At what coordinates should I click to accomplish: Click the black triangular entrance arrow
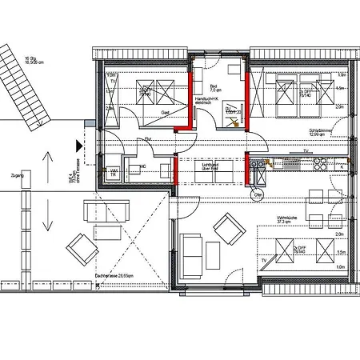tap(78, 144)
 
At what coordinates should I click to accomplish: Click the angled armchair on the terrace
tap(82, 248)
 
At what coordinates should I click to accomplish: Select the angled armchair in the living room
tap(231, 230)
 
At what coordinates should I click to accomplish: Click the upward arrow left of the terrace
tap(50, 163)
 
